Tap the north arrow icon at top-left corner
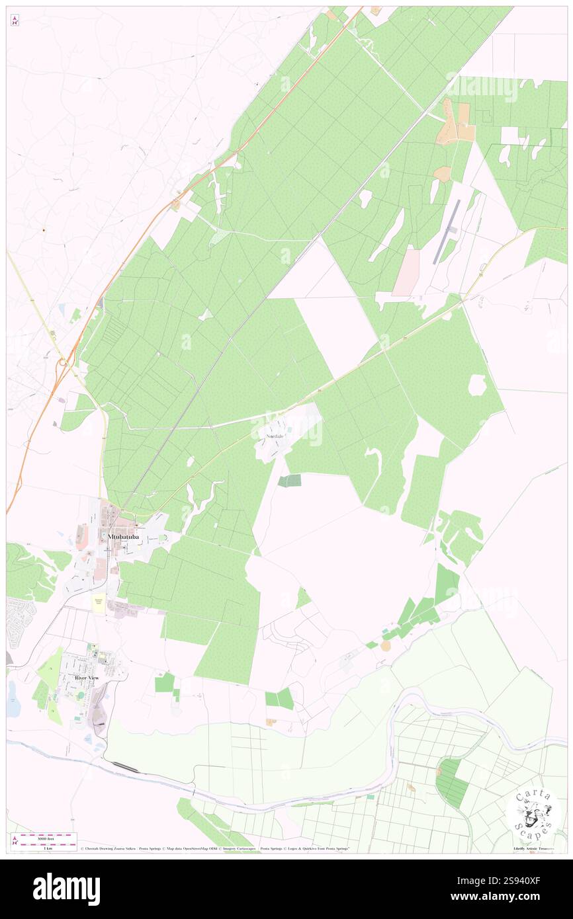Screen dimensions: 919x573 (15, 20)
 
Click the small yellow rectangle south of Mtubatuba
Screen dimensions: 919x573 (99, 603)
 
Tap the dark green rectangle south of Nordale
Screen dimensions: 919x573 (289, 481)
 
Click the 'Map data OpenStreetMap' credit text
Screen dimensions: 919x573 (193, 848)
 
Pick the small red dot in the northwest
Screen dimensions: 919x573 (44, 230)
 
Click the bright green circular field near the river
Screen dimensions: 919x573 (451, 783)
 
